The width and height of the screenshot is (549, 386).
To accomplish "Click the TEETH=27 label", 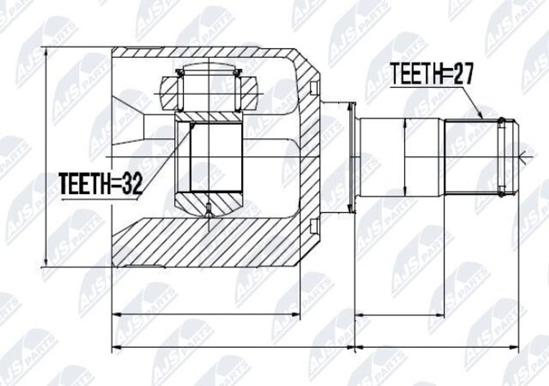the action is click(x=432, y=73).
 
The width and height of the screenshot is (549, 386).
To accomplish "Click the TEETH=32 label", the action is click(x=101, y=183).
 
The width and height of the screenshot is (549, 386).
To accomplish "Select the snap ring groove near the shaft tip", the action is click(x=501, y=156).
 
